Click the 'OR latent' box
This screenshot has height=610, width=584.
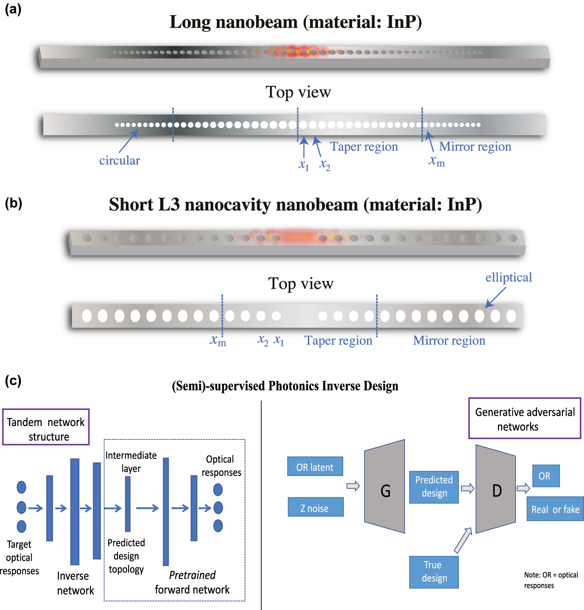click(315, 467)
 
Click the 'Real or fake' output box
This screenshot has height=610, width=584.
click(555, 509)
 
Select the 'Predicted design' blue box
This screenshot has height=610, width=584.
click(434, 487)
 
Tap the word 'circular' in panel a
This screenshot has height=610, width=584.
click(120, 161)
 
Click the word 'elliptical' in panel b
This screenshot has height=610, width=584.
click(509, 277)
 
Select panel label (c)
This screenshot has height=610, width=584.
click(13, 381)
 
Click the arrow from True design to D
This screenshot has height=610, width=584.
click(463, 540)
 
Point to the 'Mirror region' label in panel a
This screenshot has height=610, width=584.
click(475, 146)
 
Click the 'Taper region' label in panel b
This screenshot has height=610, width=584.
click(338, 340)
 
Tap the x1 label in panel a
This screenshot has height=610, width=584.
click(304, 165)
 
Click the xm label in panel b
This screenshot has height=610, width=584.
click(218, 340)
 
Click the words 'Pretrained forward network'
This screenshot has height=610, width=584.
click(192, 582)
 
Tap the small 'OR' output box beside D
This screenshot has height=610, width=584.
click(545, 476)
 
